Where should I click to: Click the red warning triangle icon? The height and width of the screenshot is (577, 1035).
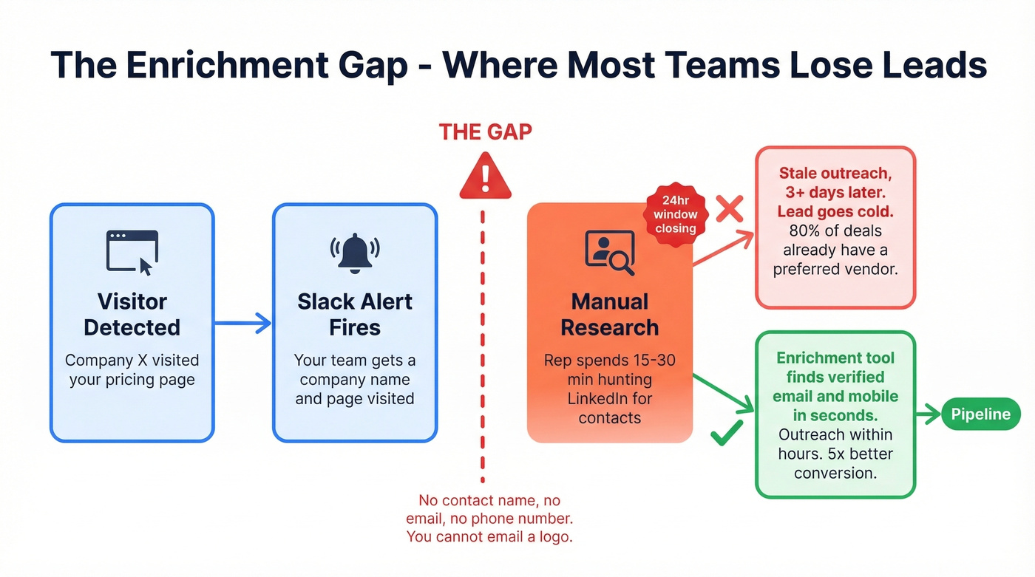click(x=485, y=177)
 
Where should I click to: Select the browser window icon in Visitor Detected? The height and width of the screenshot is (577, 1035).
click(x=132, y=252)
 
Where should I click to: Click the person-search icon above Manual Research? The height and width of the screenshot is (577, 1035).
click(x=609, y=252)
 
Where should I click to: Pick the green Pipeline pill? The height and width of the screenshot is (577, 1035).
click(x=980, y=414)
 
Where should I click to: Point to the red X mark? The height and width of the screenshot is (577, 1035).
click(x=730, y=210)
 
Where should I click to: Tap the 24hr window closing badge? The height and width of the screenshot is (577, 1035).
click(x=676, y=215)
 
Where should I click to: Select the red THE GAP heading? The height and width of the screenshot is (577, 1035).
click(x=485, y=132)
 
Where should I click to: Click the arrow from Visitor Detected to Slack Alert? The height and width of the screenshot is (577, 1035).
click(x=242, y=323)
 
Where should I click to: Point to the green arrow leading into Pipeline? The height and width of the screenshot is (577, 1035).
click(x=927, y=414)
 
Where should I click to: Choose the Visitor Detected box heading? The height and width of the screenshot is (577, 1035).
click(x=132, y=314)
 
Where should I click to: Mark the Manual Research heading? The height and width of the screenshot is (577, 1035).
click(x=610, y=314)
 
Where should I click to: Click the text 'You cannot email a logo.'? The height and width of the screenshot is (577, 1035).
click(x=489, y=537)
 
